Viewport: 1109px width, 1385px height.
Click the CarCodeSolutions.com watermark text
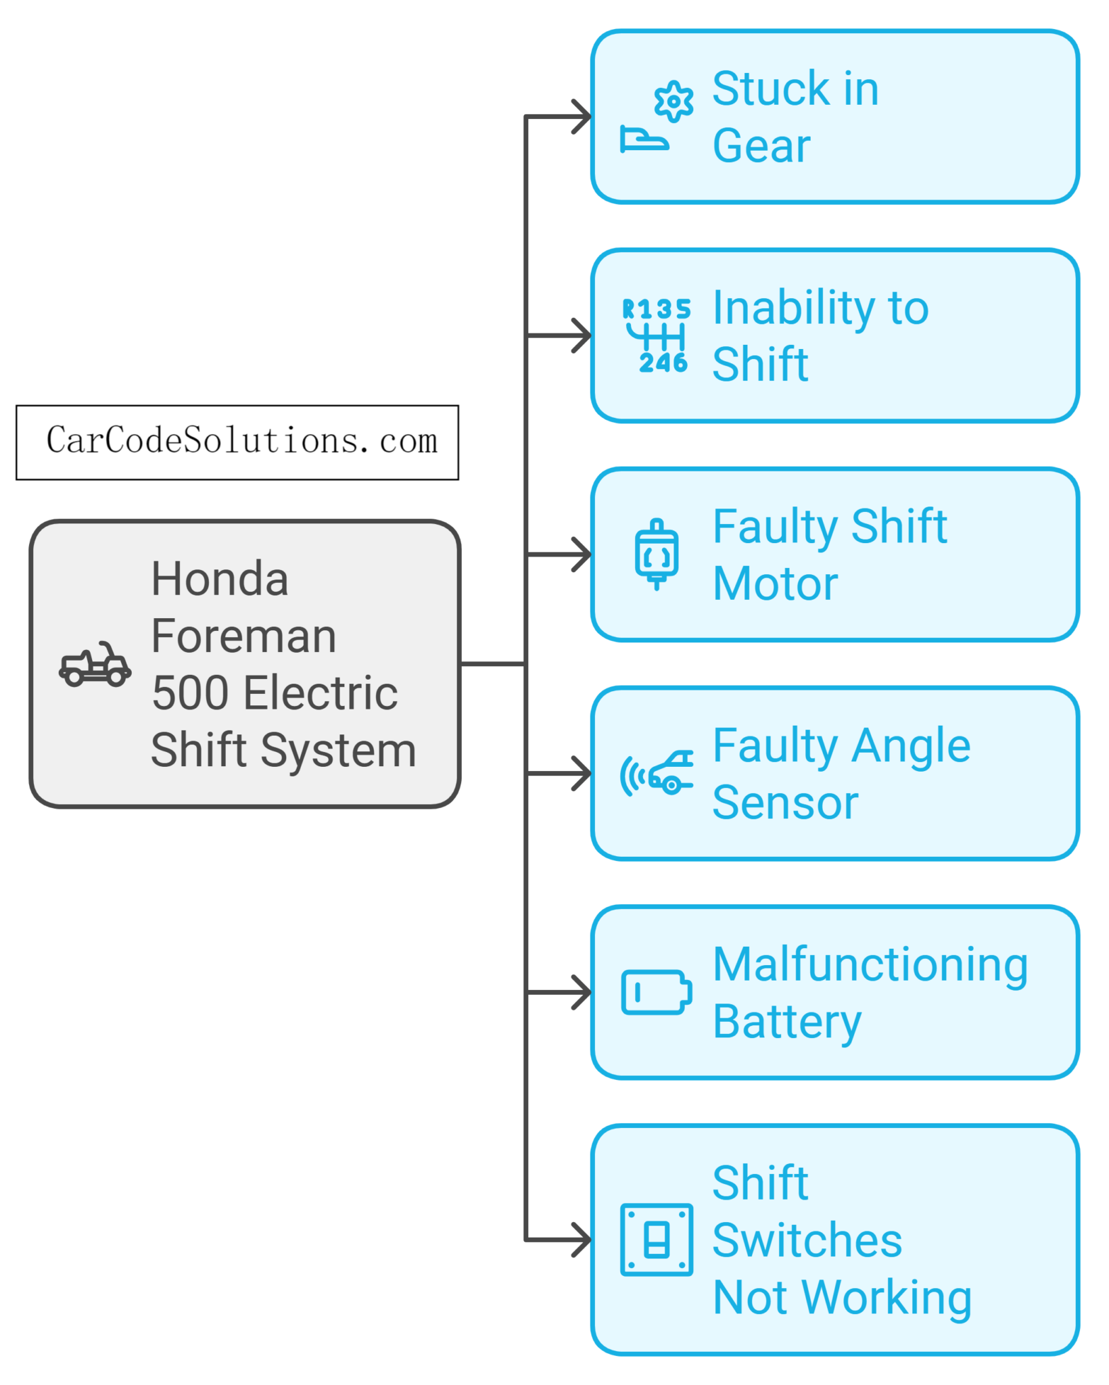pos(241,441)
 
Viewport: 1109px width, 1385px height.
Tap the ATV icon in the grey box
pos(95,664)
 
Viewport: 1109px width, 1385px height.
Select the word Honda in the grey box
pos(220,579)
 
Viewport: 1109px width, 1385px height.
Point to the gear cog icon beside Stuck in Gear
pos(674,101)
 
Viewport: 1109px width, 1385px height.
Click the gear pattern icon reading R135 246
pos(656,335)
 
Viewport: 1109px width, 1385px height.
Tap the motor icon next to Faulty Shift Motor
pos(656,555)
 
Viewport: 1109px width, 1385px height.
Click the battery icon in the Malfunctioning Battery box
pos(656,992)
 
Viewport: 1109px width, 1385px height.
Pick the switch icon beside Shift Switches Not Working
pos(656,1240)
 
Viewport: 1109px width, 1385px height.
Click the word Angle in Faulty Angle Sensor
pos(911,746)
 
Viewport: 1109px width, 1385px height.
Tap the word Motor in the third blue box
pos(775,584)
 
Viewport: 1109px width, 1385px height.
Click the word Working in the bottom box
pos(887,1298)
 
